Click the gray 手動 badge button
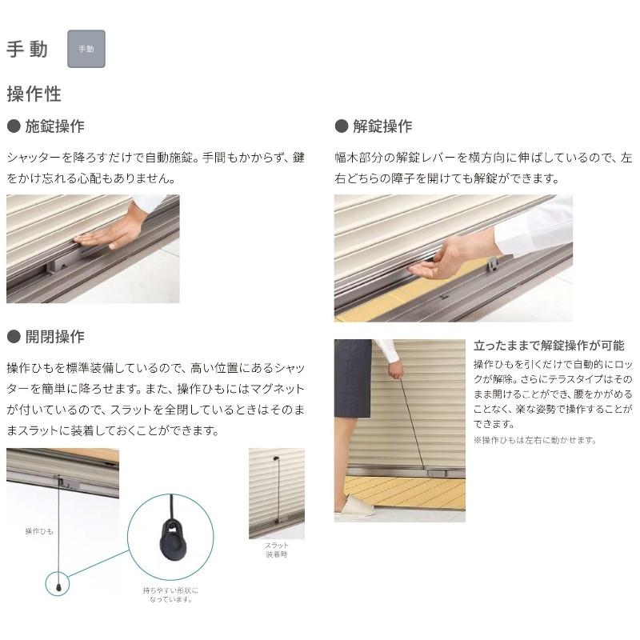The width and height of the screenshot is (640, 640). [86, 49]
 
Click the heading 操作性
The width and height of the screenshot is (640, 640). [34, 94]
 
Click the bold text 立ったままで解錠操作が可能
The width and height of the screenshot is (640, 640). [549, 346]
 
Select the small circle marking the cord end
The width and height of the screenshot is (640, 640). [58, 584]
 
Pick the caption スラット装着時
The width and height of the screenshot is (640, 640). [277, 550]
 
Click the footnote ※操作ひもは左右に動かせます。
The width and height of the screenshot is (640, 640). [534, 440]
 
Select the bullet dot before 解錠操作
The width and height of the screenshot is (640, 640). [340, 126]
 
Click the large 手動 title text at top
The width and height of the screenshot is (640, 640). [27, 49]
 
